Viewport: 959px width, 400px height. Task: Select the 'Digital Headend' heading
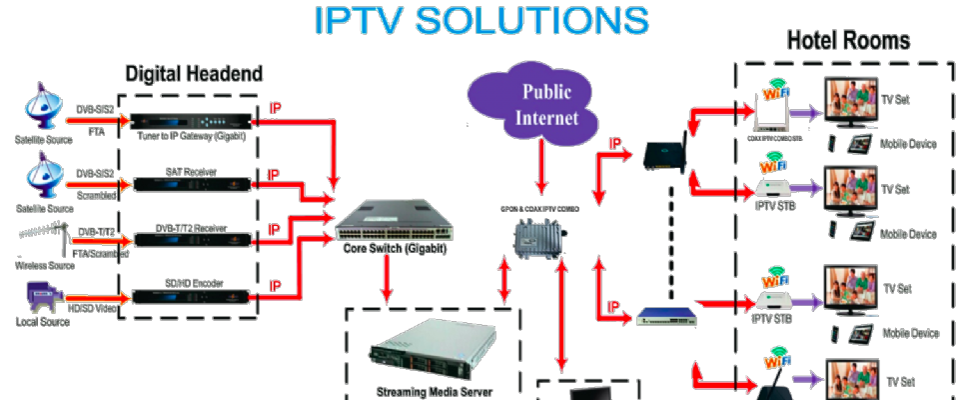point(194,74)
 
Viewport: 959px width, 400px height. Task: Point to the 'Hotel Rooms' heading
point(848,41)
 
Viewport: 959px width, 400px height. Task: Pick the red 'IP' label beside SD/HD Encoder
point(275,285)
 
